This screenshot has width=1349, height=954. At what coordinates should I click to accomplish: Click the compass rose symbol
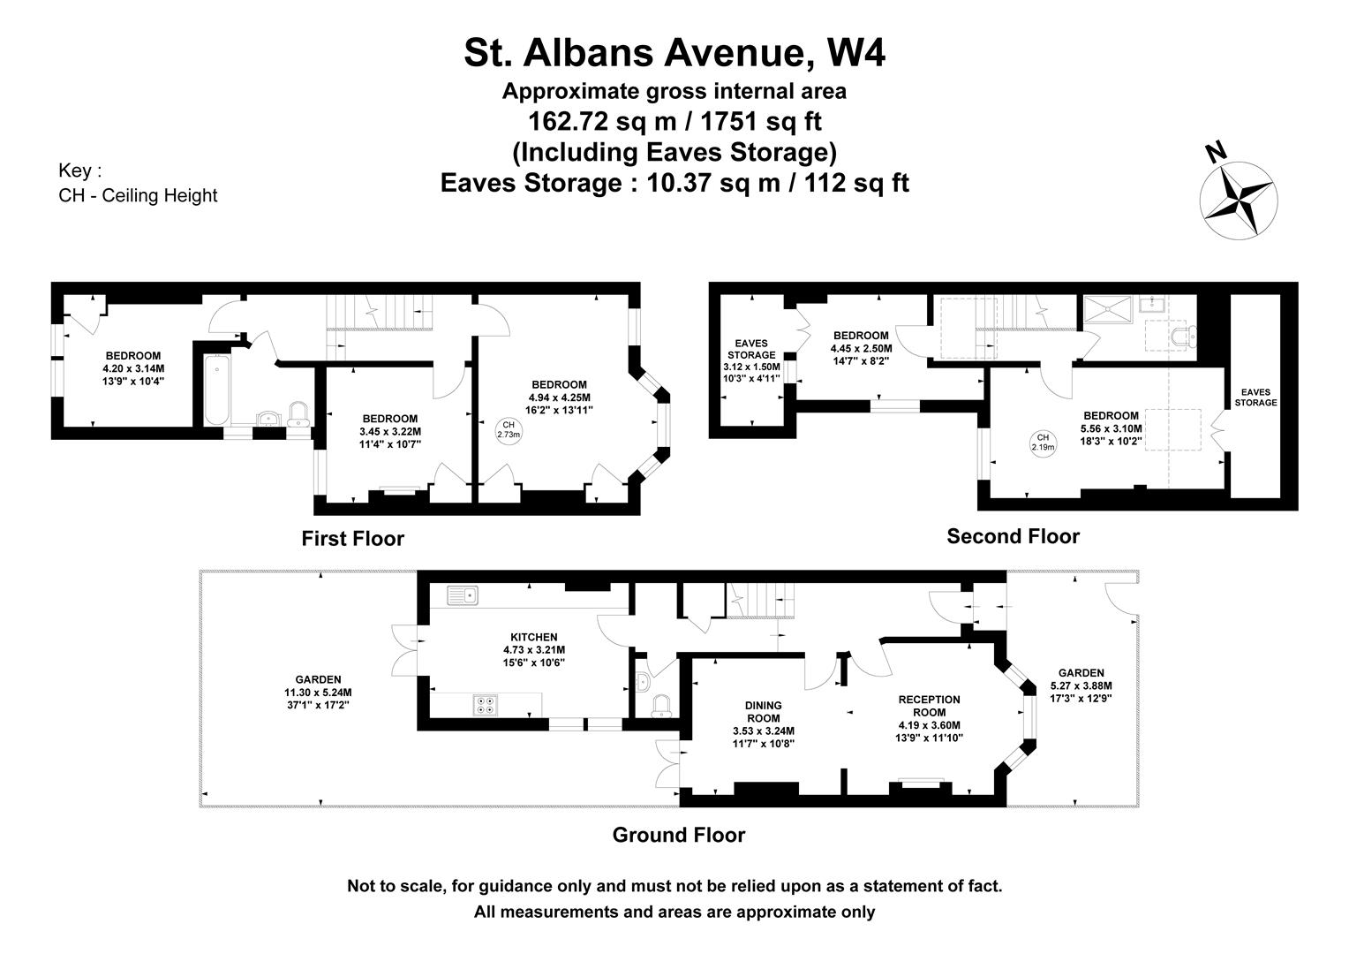point(1238,201)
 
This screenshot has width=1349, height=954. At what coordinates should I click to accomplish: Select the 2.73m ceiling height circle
point(509,429)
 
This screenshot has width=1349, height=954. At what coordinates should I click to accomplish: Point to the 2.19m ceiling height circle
point(1043,443)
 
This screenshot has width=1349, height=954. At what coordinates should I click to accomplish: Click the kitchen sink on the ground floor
point(463,595)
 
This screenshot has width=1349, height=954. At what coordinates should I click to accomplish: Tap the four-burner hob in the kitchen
point(486,705)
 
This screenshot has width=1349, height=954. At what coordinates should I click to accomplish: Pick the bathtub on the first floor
point(216,390)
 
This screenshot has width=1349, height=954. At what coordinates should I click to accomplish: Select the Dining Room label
point(763,712)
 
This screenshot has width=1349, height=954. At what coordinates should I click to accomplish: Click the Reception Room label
point(930,706)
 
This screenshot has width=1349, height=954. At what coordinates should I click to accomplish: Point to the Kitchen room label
point(533,637)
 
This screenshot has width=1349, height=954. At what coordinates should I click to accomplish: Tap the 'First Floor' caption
point(353,538)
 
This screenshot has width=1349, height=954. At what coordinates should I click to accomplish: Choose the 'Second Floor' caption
point(1013,536)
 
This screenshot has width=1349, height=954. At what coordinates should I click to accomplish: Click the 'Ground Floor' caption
point(679,835)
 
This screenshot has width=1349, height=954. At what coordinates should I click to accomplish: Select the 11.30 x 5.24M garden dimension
point(318,693)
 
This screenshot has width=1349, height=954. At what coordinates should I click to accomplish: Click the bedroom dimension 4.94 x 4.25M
point(560,397)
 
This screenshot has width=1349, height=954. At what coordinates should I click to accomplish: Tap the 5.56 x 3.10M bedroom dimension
point(1112,428)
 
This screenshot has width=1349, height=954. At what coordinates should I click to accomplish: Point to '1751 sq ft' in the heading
point(761,121)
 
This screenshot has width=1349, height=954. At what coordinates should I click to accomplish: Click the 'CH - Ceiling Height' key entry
point(138,195)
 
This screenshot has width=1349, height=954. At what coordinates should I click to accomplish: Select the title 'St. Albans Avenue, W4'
point(674,52)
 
